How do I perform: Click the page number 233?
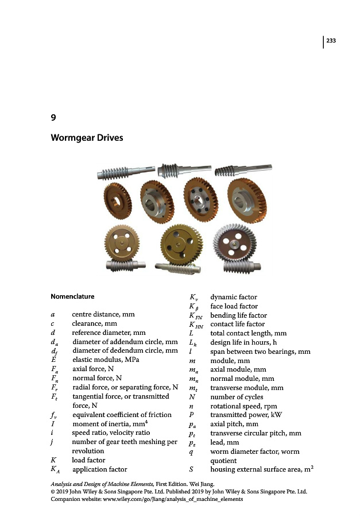331,40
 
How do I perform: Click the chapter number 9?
53,118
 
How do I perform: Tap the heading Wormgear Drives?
87,138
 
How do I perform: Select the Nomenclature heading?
73,297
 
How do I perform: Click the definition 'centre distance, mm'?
103,314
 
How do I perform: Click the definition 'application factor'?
99,469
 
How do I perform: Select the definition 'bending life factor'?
238,315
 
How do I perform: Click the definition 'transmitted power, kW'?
244,414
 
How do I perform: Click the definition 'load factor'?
89,460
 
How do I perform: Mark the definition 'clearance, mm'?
94,323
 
